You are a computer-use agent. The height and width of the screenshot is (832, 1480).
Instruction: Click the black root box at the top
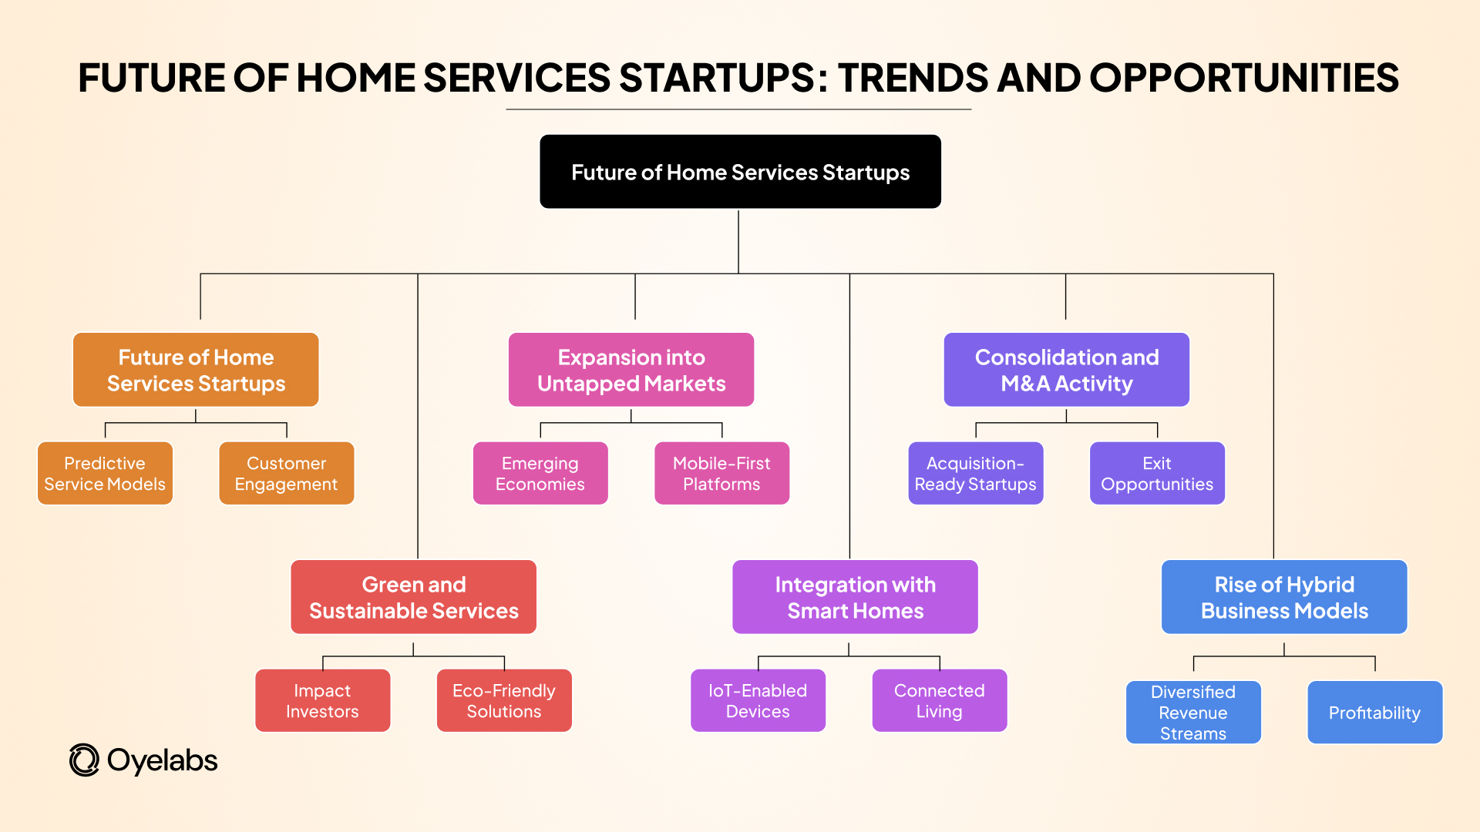pos(740,172)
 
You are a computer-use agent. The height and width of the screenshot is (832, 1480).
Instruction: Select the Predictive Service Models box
pos(105,473)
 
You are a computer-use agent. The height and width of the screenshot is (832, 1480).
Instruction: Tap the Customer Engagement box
pos(286,473)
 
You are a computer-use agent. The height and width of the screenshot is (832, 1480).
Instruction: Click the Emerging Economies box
pos(540,473)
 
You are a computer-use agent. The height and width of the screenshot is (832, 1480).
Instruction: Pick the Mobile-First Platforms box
pos(721,473)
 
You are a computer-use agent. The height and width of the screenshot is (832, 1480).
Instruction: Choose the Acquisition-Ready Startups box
pos(975,473)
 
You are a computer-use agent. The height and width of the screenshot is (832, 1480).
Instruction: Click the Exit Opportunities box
pos(1156,473)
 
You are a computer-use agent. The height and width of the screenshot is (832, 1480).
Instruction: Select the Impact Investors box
pos(322,700)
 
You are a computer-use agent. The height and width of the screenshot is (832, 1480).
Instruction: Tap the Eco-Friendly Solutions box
pos(504,700)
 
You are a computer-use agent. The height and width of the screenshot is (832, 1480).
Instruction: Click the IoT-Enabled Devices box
pos(758,700)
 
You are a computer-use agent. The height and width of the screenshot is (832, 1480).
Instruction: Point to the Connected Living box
pos(939,700)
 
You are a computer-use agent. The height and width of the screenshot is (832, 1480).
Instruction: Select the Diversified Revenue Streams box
pos(1192,712)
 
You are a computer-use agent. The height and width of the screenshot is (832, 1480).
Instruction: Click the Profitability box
pos(1374,712)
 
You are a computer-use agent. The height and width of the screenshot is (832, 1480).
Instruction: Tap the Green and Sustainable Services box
pos(413,597)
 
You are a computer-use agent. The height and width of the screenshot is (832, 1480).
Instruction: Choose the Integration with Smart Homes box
pos(855,597)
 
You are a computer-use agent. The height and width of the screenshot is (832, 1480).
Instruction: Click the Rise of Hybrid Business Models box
pos(1284,597)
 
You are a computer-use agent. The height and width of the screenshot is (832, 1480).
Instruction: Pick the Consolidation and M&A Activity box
pos(1066,370)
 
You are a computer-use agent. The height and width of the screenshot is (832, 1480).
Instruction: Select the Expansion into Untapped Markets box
pos(631,370)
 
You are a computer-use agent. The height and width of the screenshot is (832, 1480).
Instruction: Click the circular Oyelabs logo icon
pos(84,760)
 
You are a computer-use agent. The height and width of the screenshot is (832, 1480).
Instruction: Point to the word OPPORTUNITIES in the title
pos(1243,78)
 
